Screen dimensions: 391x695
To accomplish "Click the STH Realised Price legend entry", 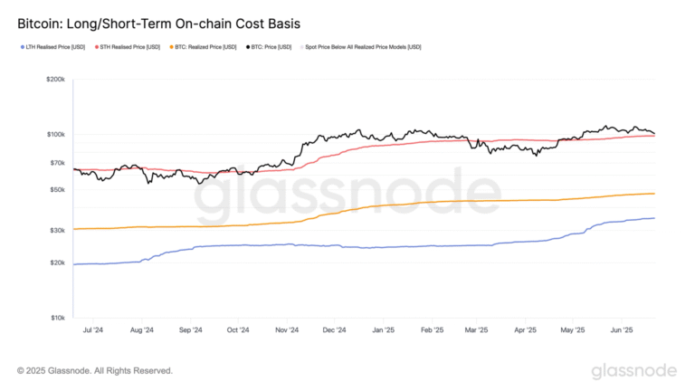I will [129, 47].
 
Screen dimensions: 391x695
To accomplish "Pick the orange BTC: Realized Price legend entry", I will [205, 47].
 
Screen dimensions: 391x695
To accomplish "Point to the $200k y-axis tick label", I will [55, 80].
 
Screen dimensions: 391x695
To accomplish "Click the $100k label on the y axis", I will [55, 134].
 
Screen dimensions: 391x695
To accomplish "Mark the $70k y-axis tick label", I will [57, 163].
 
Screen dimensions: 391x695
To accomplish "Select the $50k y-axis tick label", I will [57, 190].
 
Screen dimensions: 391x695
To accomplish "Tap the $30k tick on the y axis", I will [57, 231].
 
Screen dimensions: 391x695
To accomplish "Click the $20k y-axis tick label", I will [57, 262].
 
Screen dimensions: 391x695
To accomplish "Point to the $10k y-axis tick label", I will [57, 318].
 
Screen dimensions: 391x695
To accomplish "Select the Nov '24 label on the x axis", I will [286, 330].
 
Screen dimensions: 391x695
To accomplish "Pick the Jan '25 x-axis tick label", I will [383, 330].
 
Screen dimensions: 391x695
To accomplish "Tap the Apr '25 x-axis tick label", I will [525, 330].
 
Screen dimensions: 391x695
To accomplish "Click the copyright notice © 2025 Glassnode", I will [95, 371].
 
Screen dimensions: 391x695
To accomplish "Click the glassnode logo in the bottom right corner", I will [633, 371].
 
